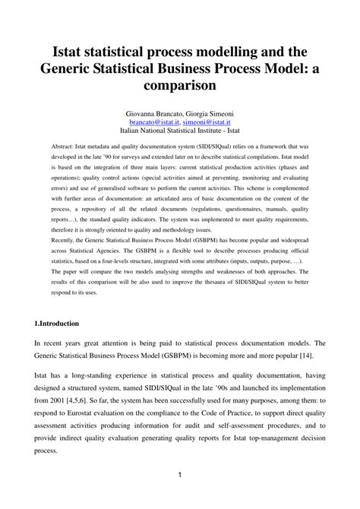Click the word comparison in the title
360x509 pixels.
(x=180, y=86)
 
